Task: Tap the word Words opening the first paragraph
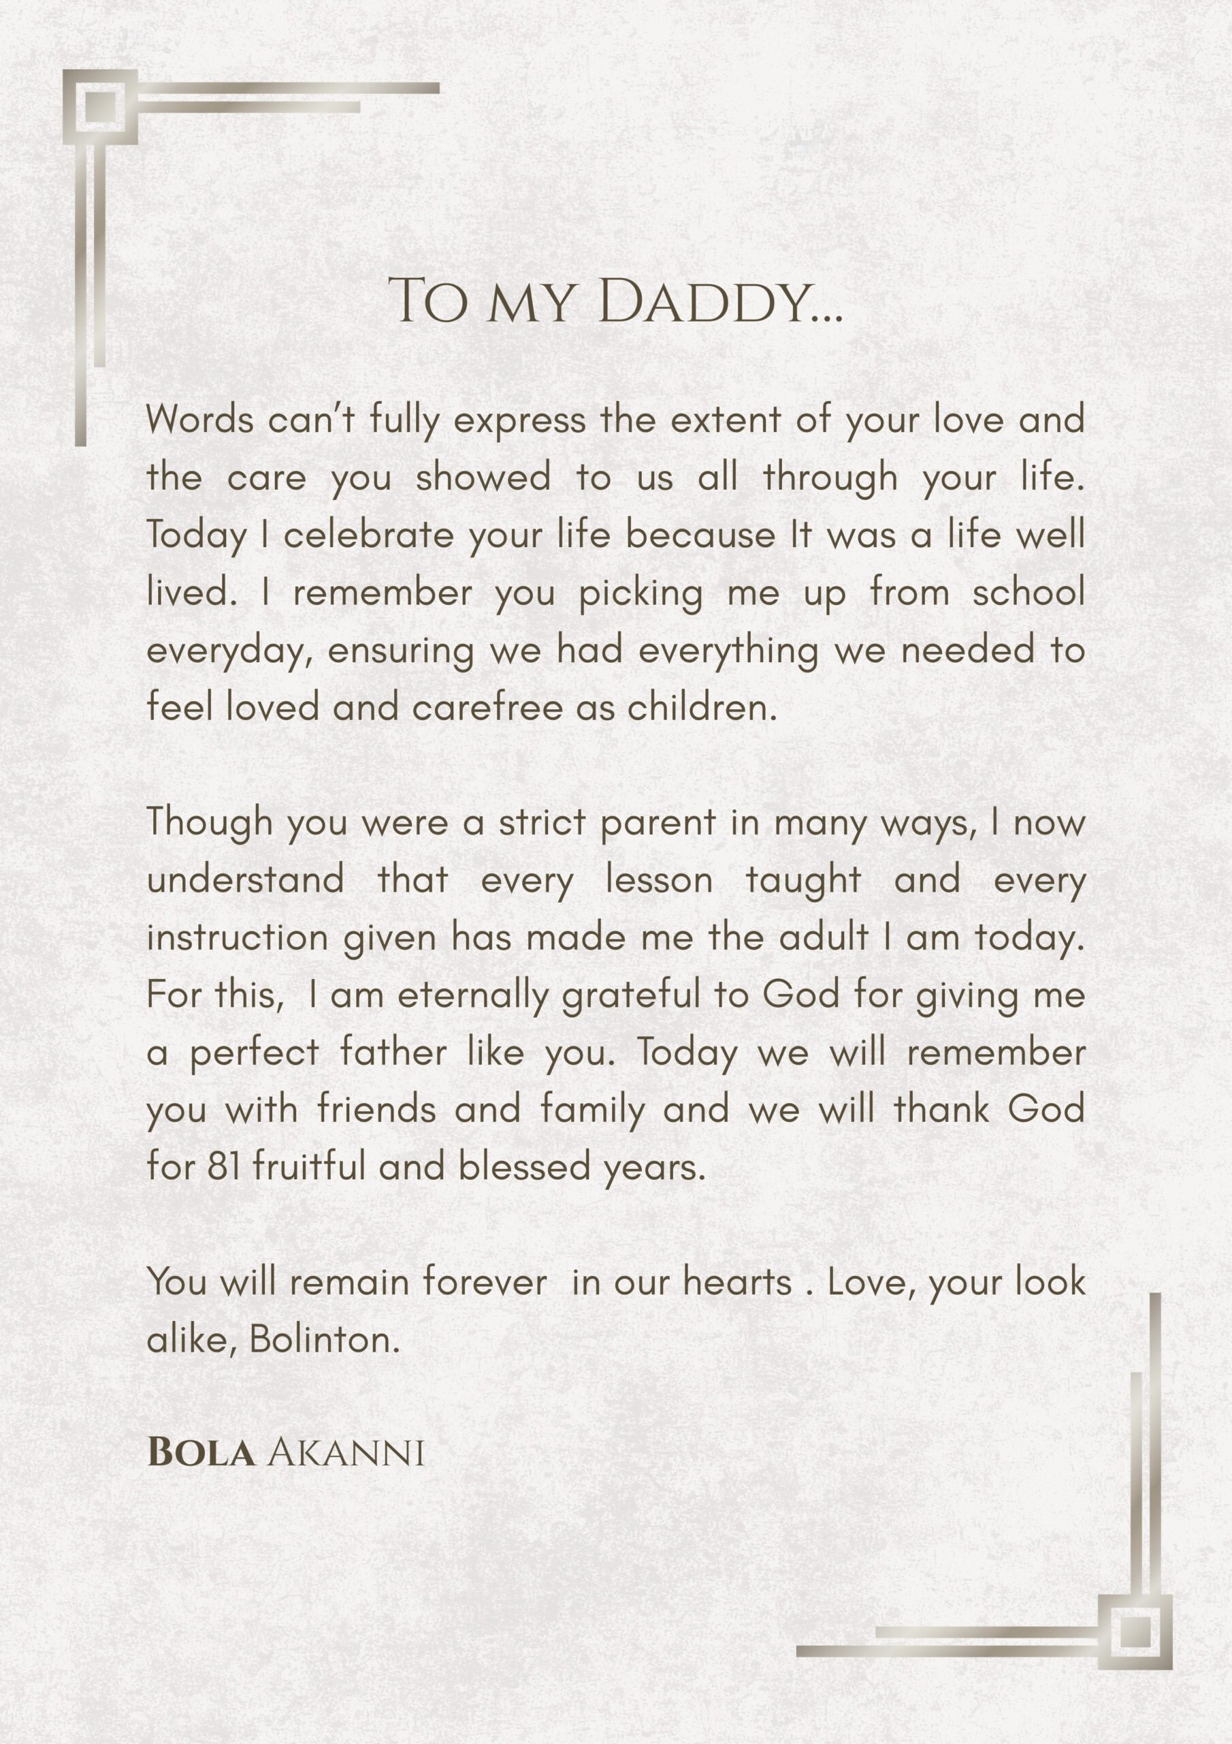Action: pos(199,420)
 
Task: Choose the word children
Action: pos(702,708)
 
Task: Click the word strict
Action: pos(542,823)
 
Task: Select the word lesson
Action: pos(659,880)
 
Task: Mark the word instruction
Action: pos(237,937)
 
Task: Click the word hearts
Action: pos(737,1283)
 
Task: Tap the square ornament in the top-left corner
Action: pos(100,107)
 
